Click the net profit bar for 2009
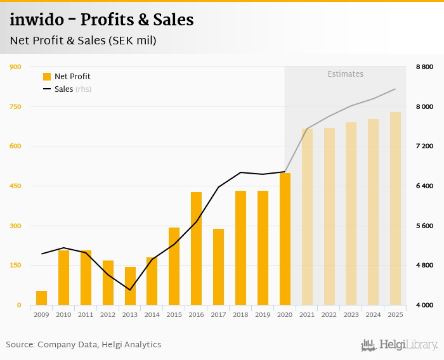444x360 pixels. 41,298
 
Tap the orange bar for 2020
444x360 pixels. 285,239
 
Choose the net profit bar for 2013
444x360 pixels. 130,286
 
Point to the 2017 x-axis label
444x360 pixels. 218,314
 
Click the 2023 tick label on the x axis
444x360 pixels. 351,314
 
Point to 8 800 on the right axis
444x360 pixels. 424,67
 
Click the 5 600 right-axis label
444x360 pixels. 424,226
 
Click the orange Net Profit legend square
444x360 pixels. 46,77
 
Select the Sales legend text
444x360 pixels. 63,89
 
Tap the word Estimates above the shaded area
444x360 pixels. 345,74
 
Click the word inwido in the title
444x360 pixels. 37,20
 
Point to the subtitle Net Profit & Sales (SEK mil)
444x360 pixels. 83,41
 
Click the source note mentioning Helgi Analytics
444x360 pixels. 84,345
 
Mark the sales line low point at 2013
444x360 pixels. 130,290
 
